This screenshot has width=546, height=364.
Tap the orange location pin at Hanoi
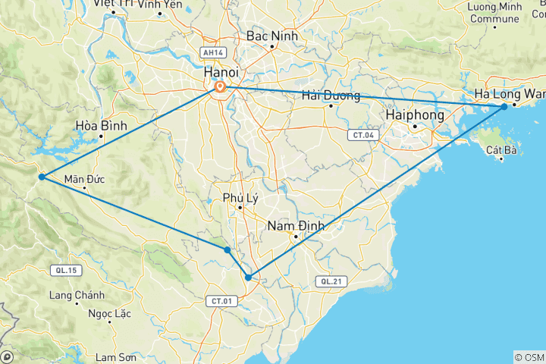(x=220, y=88)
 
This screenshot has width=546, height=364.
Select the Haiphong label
(x=414, y=114)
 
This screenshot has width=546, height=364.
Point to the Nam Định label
(x=296, y=225)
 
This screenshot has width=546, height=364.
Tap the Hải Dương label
(x=330, y=95)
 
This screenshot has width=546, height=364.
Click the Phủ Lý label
(x=239, y=198)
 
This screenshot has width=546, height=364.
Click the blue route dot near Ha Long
(x=504, y=107)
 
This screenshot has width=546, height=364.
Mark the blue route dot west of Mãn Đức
(x=42, y=177)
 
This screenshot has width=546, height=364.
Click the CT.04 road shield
(x=361, y=135)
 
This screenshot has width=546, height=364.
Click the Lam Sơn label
(x=116, y=356)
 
